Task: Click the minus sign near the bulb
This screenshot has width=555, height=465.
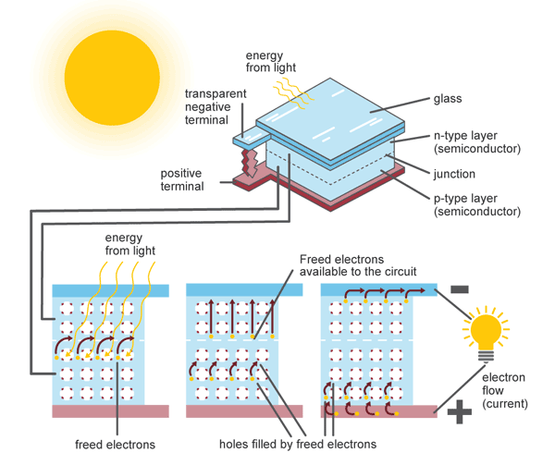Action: pos(458,289)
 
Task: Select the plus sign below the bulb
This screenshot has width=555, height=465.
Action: pos(459,413)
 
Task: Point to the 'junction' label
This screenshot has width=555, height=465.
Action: pos(454,173)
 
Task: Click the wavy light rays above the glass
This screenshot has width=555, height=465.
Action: pos(282,87)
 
